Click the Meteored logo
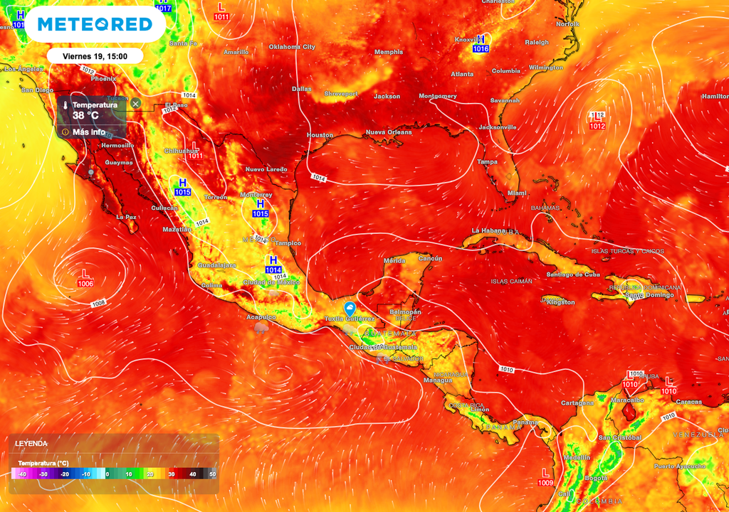[95, 24]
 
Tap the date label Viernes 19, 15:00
[95, 55]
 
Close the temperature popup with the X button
[135, 104]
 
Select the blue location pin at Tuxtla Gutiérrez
[350, 308]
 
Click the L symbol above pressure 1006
[85, 273]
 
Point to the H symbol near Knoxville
[481, 39]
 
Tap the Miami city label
[517, 193]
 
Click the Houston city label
[320, 135]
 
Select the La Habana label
[489, 231]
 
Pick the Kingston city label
[560, 302]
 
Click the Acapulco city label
[260, 316]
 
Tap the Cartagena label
[577, 403]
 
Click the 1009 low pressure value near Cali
[546, 484]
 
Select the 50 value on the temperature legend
[212, 474]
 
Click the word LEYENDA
[31, 443]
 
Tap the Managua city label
[438, 380]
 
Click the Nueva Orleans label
[389, 132]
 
